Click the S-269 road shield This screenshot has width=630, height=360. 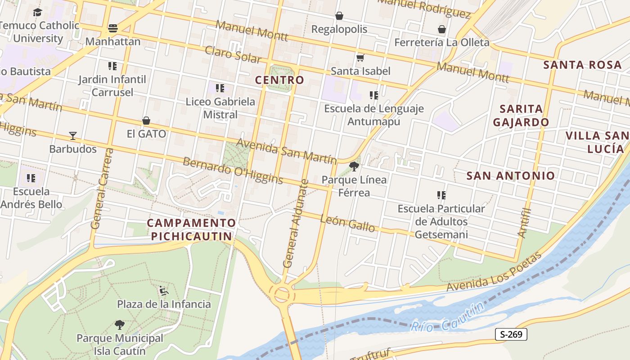(x=511, y=334)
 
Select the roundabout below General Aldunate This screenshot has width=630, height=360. (x=282, y=295)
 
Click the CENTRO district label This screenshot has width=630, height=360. (x=279, y=80)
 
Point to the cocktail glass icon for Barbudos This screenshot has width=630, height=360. (x=72, y=135)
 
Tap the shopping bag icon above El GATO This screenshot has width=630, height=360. (x=146, y=121)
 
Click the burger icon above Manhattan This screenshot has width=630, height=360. (x=112, y=28)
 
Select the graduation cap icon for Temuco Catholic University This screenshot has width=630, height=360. (x=37, y=12)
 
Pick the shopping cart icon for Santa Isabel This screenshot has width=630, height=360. (x=360, y=58)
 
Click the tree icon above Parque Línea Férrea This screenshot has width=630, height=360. (x=354, y=166)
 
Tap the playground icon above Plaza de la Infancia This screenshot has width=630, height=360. (x=164, y=291)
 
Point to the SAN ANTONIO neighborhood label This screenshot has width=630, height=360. (x=510, y=175)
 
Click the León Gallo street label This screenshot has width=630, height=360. (x=347, y=223)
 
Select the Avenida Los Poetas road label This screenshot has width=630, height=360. (x=494, y=272)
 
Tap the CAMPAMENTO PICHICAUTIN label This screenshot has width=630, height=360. (x=191, y=229)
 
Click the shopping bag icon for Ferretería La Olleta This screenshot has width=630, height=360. (x=442, y=29)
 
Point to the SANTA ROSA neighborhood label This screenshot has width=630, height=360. (x=582, y=64)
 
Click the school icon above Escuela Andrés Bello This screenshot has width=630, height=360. (x=31, y=178)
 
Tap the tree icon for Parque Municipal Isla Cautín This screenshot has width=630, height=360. (x=119, y=324)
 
